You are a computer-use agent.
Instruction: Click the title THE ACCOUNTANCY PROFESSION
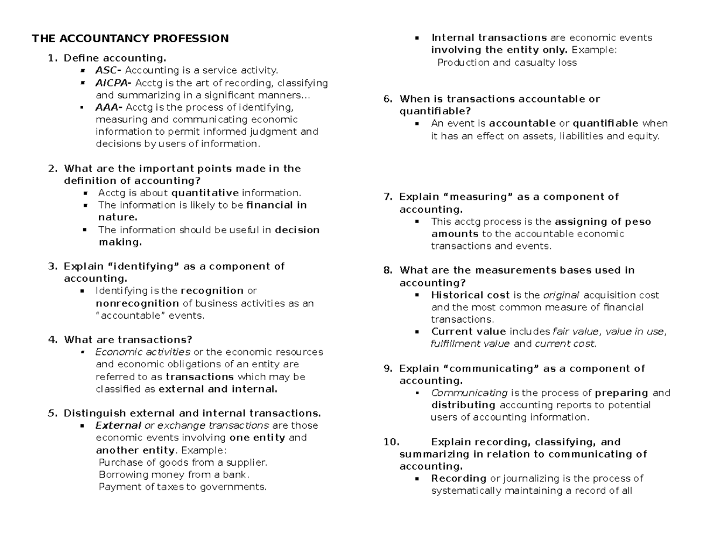130,39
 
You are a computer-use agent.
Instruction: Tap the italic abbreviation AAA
107,107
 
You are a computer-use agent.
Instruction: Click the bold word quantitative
204,193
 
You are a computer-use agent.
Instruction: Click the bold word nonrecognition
137,303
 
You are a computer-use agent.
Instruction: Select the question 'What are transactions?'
128,340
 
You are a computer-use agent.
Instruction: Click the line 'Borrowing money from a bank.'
174,474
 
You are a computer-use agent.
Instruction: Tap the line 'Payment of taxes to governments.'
182,487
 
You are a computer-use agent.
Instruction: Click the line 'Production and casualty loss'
507,63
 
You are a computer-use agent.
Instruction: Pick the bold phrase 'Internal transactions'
489,38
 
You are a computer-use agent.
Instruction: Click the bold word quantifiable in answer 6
605,124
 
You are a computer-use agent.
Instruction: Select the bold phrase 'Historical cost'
470,295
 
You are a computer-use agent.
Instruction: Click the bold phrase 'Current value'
469,332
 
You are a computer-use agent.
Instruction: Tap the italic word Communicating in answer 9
469,393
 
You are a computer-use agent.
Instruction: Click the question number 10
390,442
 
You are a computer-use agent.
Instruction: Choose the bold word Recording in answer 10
459,479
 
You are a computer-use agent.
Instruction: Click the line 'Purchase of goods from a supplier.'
183,462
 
